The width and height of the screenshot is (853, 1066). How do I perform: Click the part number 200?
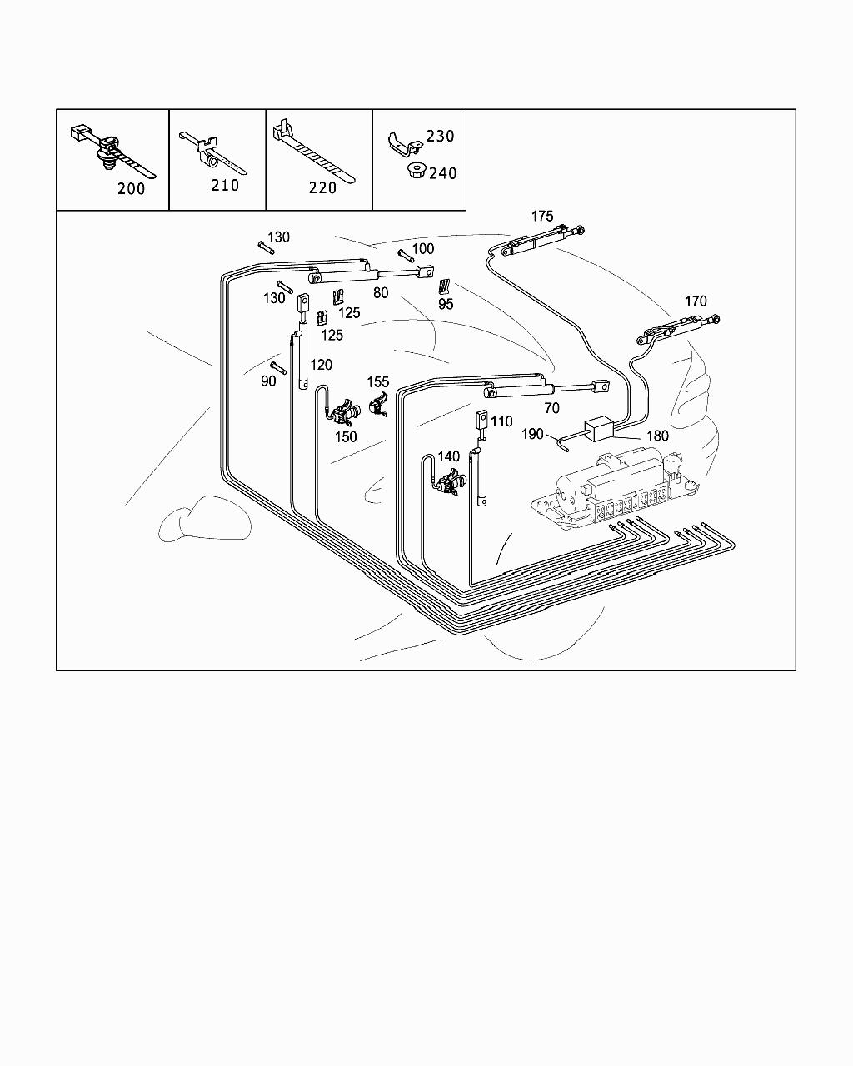click(131, 188)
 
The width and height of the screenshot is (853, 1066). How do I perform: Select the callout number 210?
click(225, 185)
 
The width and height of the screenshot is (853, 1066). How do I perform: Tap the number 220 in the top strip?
click(322, 188)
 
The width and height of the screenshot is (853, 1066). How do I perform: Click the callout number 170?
click(696, 301)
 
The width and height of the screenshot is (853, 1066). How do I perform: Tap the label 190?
click(532, 434)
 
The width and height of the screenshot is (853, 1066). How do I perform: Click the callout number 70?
click(551, 409)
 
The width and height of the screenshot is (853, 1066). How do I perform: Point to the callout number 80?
click(381, 292)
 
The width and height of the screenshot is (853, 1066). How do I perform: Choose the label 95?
click(446, 305)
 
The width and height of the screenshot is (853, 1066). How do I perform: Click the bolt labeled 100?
click(404, 253)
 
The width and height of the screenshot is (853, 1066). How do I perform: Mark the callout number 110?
click(501, 421)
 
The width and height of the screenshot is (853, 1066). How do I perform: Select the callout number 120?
click(321, 365)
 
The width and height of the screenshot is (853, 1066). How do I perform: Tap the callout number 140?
click(448, 456)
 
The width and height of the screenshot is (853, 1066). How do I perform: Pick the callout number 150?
click(345, 436)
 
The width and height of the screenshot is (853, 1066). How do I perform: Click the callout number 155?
click(378, 382)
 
